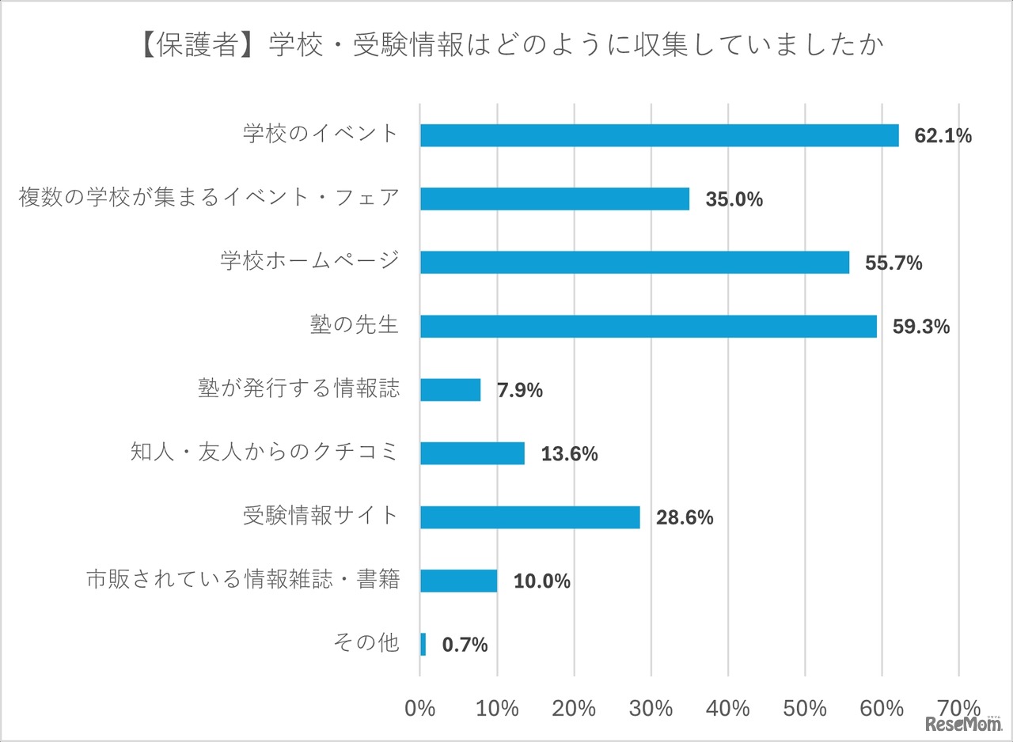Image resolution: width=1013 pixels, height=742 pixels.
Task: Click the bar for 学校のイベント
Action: (658, 135)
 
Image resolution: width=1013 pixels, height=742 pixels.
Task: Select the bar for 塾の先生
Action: (648, 326)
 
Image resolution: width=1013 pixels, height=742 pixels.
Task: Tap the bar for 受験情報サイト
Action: (529, 517)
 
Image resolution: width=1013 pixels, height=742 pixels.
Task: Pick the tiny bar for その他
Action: (423, 644)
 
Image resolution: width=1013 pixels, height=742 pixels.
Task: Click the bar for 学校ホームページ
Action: (634, 263)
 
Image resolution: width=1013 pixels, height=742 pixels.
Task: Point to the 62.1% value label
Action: (943, 136)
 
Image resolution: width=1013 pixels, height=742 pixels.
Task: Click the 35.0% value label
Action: (734, 199)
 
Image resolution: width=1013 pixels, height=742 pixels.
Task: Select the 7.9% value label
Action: (519, 390)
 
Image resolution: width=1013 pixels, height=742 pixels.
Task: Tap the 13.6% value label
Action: (569, 454)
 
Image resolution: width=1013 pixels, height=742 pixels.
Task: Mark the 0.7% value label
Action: (465, 645)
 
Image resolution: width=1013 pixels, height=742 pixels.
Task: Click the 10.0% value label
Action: (541, 581)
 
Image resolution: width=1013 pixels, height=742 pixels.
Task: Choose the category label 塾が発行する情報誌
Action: (298, 389)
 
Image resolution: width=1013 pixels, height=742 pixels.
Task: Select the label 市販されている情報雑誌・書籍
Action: (242, 580)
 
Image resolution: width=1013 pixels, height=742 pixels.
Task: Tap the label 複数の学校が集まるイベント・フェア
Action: (209, 198)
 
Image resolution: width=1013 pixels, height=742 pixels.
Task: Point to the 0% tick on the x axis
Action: (419, 708)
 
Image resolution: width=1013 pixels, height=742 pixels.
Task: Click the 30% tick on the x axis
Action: (651, 708)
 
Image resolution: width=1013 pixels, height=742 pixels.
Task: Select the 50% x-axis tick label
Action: (805, 708)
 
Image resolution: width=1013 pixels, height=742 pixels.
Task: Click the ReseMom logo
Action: (962, 725)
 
